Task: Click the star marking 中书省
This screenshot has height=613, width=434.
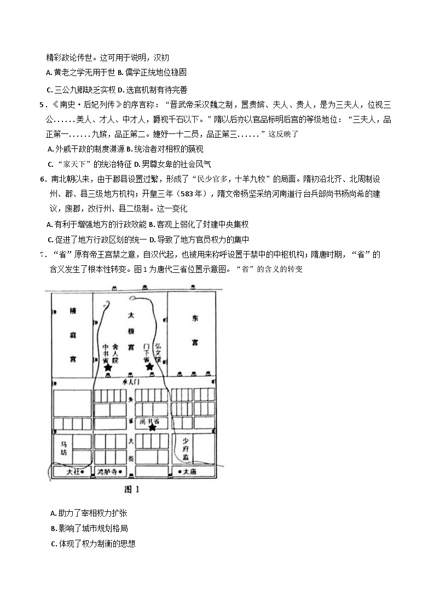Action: [108, 369]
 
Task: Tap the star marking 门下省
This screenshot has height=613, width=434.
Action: [149, 366]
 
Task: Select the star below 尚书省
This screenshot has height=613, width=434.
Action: [152, 428]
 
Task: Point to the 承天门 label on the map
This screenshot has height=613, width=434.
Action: [132, 382]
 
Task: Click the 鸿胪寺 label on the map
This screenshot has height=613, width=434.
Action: [107, 471]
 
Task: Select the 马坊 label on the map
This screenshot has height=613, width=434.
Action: [65, 448]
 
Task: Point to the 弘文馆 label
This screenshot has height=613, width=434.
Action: [158, 352]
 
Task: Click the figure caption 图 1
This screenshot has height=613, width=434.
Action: [134, 489]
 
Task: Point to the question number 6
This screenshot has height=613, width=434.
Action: [42, 178]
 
